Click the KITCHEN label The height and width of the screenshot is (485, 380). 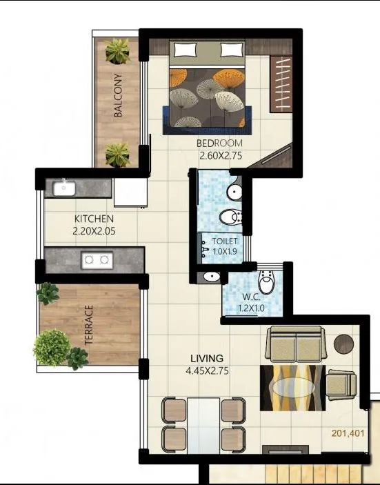click(94, 219)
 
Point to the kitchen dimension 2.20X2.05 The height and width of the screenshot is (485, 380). click(94, 232)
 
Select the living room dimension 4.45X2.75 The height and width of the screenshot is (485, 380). click(207, 371)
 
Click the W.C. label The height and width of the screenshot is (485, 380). click(248, 297)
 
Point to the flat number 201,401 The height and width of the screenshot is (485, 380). click(347, 433)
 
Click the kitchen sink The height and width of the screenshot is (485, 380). click(65, 187)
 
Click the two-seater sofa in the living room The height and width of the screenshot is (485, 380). click(296, 344)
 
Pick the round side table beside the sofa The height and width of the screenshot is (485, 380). click(343, 342)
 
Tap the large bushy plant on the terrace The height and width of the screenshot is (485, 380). click(52, 347)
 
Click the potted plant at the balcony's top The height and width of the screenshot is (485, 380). click(117, 50)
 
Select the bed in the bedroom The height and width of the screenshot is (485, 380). click(208, 86)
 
